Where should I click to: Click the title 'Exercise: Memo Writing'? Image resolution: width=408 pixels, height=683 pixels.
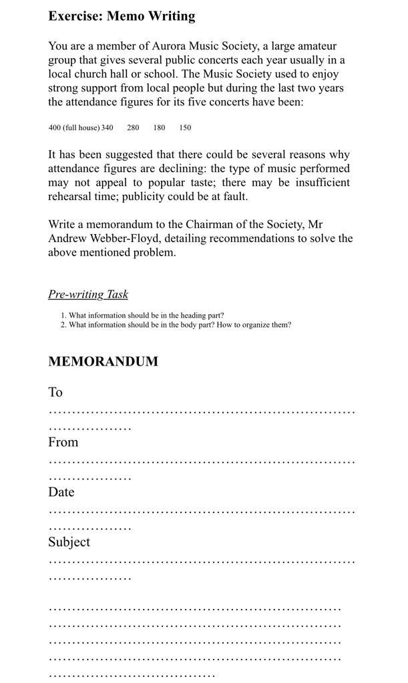[x=122, y=16]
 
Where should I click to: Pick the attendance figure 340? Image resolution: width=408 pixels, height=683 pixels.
[x=108, y=127]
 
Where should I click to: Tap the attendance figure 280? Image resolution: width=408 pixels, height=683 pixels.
[x=133, y=127]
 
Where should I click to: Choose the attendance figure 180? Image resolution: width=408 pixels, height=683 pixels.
[x=159, y=127]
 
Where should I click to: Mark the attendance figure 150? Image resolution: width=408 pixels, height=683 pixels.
[x=185, y=127]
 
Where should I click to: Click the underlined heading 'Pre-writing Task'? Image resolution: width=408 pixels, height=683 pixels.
[x=88, y=294]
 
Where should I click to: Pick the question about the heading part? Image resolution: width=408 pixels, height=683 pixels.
[x=146, y=315]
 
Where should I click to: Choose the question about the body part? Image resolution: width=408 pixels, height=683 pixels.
[x=179, y=325]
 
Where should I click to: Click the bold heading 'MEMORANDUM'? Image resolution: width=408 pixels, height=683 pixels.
[x=103, y=362]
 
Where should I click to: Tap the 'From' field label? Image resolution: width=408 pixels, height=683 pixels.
[x=63, y=442]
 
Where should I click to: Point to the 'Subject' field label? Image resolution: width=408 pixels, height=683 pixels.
[x=69, y=542]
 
